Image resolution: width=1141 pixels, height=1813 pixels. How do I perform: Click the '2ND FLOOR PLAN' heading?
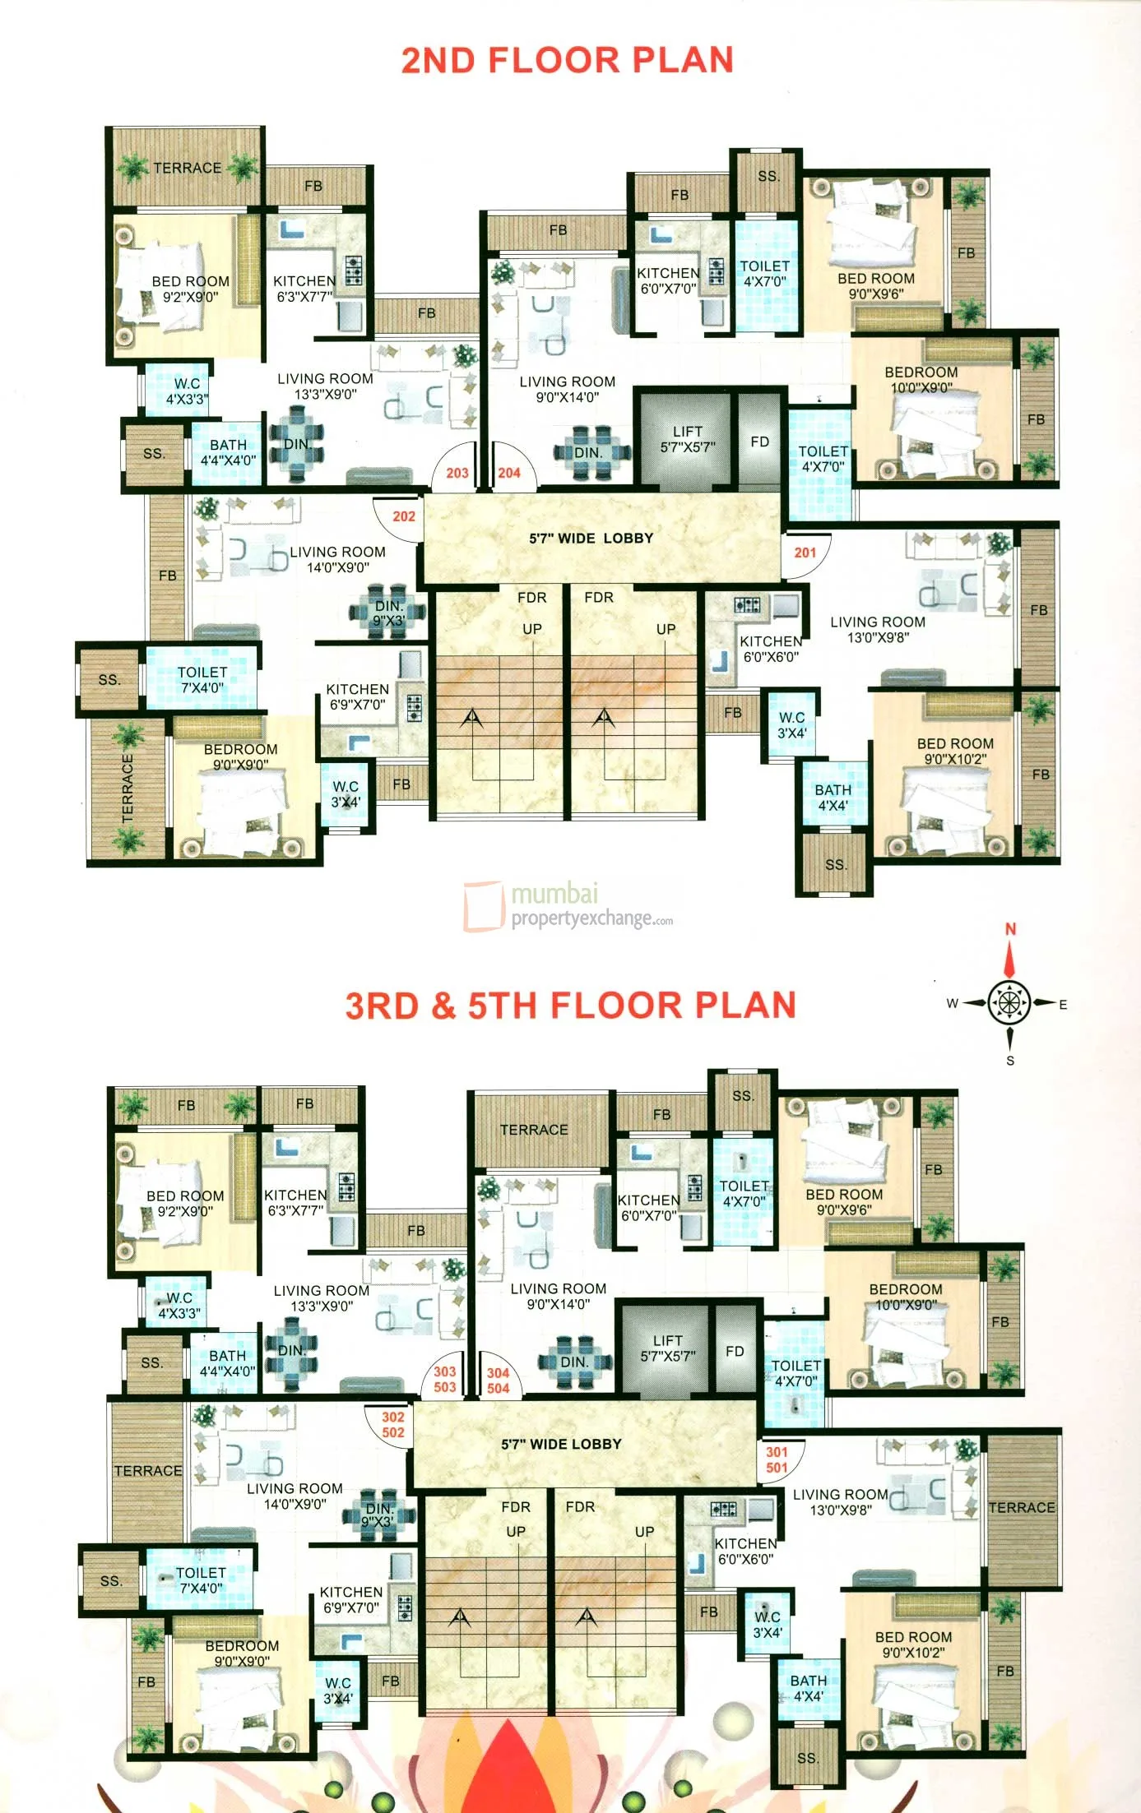click(567, 60)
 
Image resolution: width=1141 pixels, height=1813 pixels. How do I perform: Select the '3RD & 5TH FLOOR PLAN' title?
click(570, 1005)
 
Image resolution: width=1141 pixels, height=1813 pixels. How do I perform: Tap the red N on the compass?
click(1010, 929)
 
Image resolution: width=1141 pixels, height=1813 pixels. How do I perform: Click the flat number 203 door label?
click(457, 473)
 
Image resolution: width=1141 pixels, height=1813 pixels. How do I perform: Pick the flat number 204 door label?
click(509, 473)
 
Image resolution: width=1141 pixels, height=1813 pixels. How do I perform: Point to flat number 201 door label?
click(805, 553)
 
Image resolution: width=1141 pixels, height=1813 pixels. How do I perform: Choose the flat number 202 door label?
click(404, 516)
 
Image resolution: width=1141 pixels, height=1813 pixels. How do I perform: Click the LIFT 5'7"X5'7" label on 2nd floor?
click(688, 439)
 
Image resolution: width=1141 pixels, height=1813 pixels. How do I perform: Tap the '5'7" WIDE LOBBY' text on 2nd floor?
click(591, 539)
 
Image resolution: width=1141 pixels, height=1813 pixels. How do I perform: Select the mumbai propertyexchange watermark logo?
click(568, 905)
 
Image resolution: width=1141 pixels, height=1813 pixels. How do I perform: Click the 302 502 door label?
click(393, 1425)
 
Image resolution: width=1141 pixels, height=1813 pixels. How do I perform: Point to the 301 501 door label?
click(777, 1460)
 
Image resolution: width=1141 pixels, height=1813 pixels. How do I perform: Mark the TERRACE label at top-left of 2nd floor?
click(188, 168)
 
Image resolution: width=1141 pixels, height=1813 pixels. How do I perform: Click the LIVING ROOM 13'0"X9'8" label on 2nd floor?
click(878, 630)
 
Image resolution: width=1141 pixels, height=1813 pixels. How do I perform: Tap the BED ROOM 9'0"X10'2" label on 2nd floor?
click(955, 751)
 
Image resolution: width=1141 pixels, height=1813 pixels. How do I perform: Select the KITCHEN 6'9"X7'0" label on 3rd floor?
click(351, 1599)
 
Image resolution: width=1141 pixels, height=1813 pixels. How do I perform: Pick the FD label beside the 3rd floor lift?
click(735, 1351)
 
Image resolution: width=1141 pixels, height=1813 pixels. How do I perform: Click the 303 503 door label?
click(445, 1379)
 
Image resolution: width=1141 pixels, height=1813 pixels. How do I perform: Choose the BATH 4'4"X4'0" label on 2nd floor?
click(228, 452)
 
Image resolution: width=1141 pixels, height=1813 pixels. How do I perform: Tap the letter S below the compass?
click(1010, 1061)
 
